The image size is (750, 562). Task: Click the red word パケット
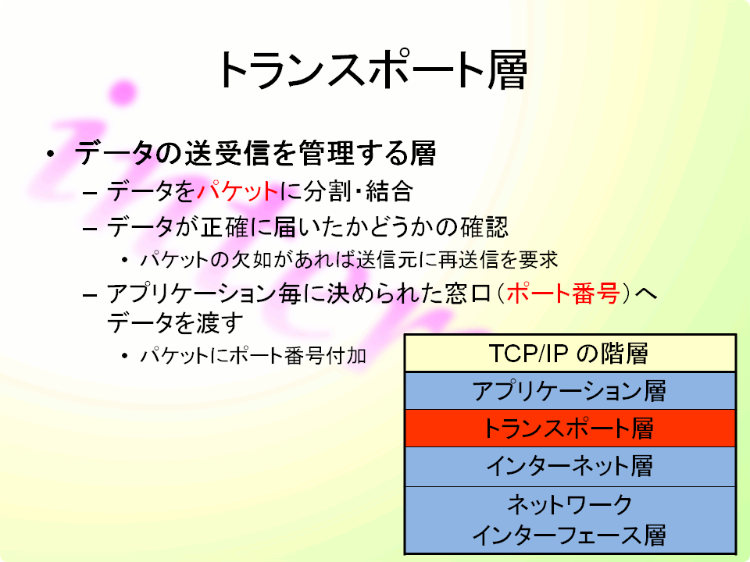[237, 191]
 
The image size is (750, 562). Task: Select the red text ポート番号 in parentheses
[563, 293]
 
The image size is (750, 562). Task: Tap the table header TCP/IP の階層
[570, 354]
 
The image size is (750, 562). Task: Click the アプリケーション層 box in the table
[570, 390]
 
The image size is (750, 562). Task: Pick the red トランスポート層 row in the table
[570, 429]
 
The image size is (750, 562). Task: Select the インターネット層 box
[570, 467]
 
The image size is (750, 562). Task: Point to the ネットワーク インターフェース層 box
[570, 520]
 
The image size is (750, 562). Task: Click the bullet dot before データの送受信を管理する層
[50, 154]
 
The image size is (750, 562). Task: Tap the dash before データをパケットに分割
[89, 193]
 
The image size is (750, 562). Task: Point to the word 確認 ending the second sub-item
[484, 226]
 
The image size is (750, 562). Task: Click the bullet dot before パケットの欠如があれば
[125, 261]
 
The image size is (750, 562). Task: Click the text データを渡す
[176, 322]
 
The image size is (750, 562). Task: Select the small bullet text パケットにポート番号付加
[253, 356]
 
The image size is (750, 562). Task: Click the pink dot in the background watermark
[123, 92]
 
